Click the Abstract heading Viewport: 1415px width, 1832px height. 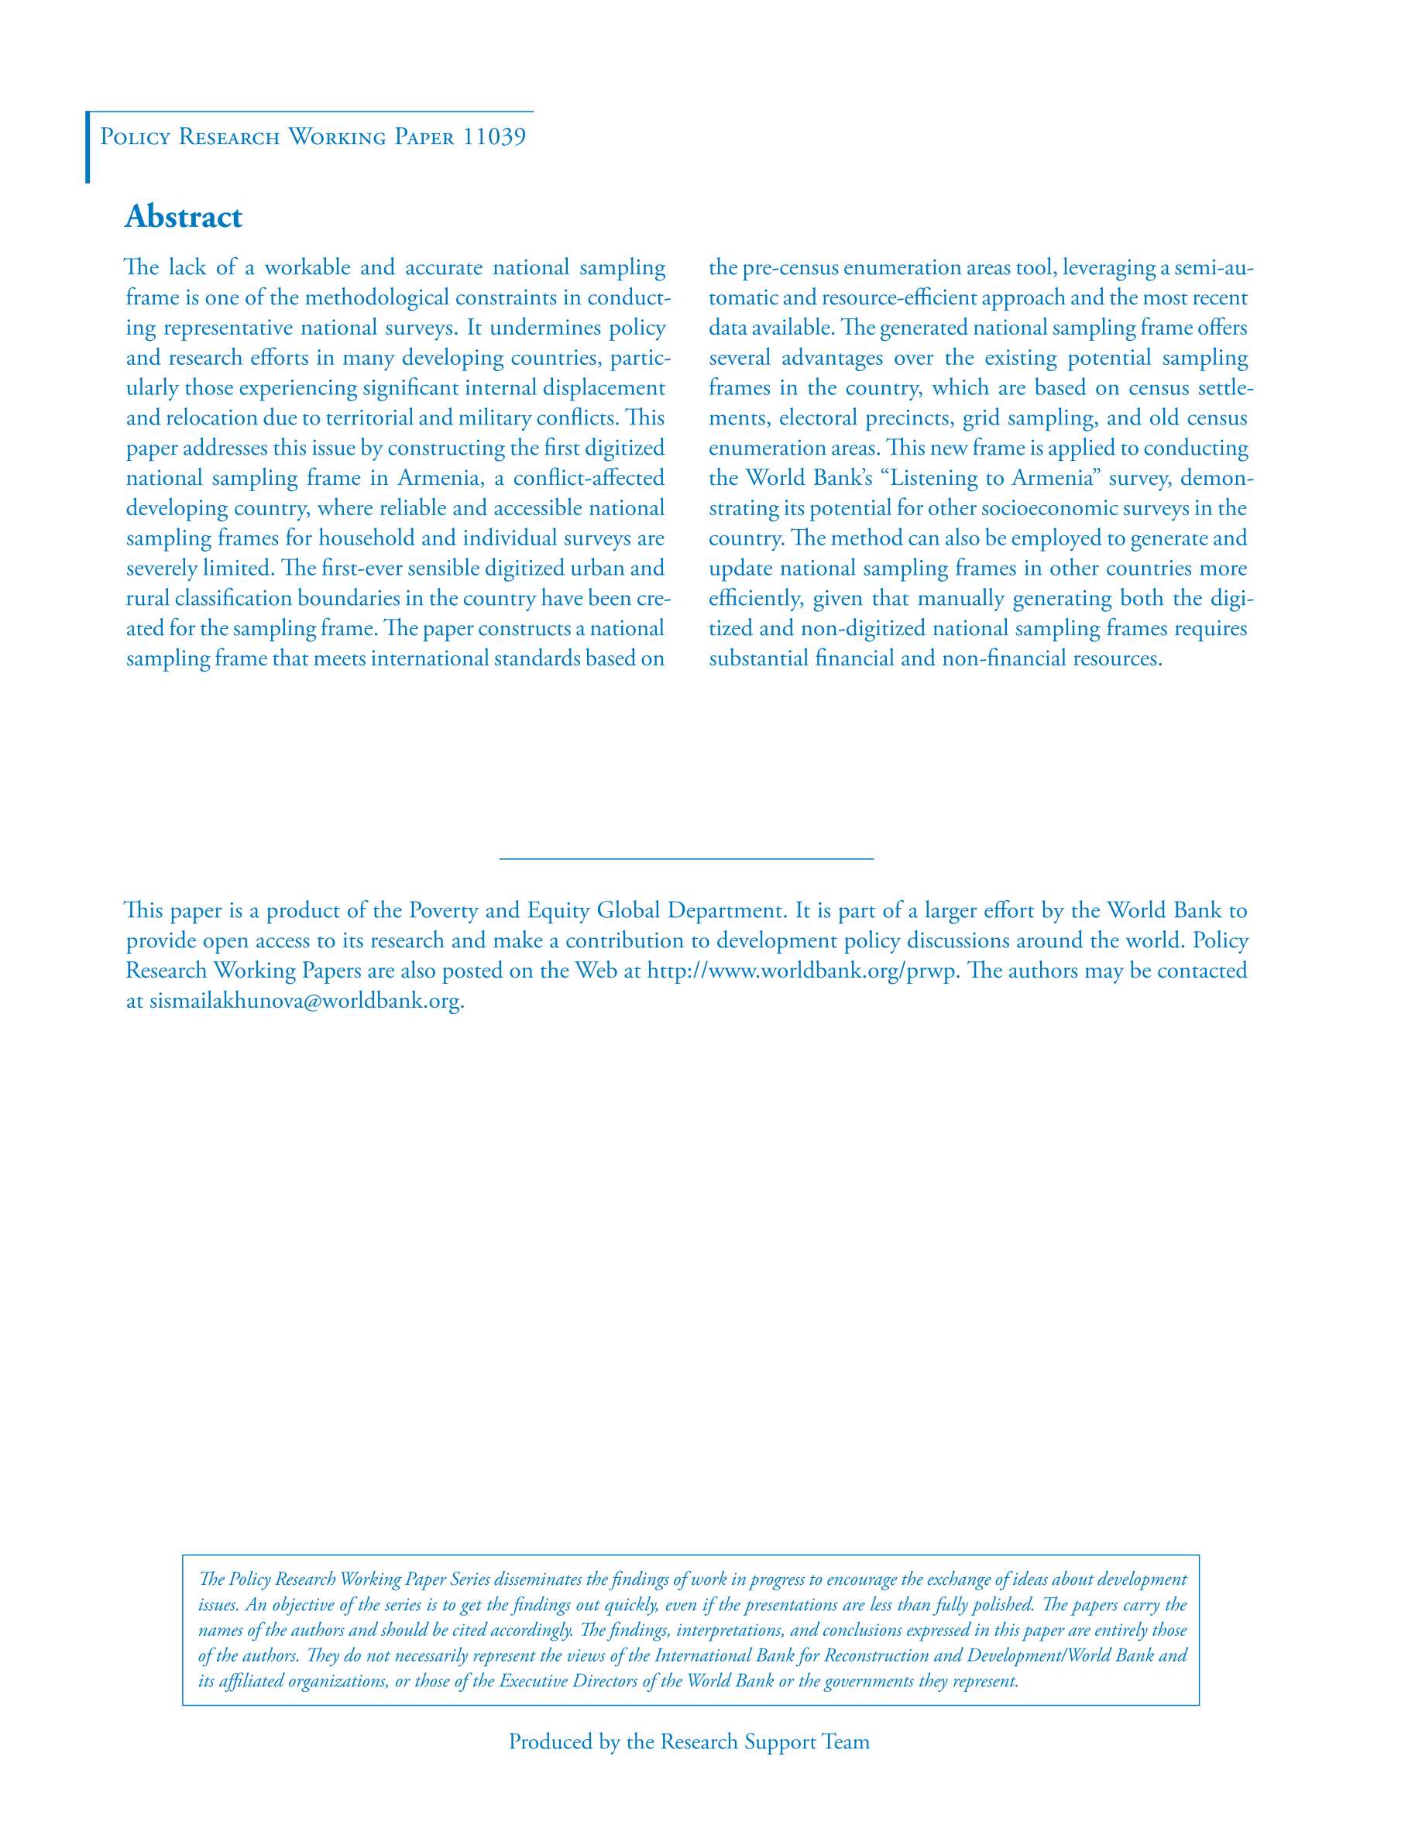(183, 216)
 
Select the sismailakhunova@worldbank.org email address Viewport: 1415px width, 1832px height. (305, 1001)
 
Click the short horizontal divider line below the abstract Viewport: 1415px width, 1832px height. (686, 858)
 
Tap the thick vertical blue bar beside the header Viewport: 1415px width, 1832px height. (88, 147)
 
